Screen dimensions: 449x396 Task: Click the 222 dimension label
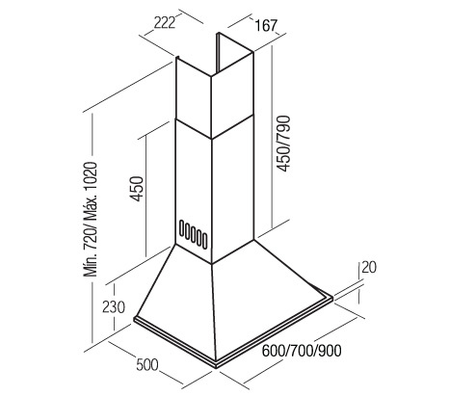click(x=165, y=23)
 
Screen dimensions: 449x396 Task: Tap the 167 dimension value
click(x=266, y=25)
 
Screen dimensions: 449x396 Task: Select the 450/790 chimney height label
click(x=283, y=144)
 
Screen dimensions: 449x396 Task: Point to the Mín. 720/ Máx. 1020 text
click(x=90, y=220)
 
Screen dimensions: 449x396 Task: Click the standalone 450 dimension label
click(x=137, y=189)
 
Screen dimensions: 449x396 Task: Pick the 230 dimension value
click(x=114, y=306)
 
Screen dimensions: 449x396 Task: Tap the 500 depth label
click(x=147, y=365)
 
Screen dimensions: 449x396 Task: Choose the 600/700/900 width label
click(x=302, y=351)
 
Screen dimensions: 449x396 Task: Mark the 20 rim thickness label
click(x=369, y=267)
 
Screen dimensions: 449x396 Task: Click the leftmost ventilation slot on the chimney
click(x=182, y=228)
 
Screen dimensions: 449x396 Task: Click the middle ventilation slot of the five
click(x=193, y=234)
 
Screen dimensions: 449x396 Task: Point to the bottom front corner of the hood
click(x=217, y=366)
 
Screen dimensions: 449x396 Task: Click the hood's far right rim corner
click(x=331, y=298)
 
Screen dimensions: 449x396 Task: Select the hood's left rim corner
click(x=134, y=319)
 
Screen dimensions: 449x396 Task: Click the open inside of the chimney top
click(x=232, y=55)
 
